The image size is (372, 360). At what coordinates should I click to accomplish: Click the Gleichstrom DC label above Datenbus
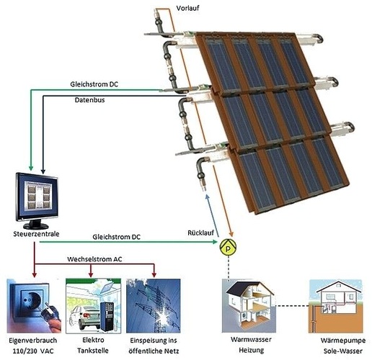pos(94,84)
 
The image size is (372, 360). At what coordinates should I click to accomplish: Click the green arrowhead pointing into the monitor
pos(31,167)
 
